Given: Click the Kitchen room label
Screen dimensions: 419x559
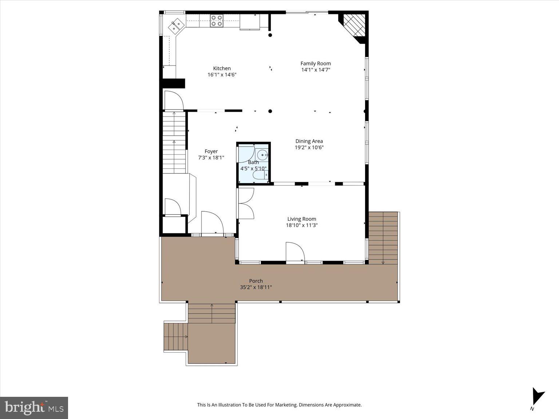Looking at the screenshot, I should click(x=222, y=68).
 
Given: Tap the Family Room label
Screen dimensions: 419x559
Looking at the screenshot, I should click(x=316, y=63).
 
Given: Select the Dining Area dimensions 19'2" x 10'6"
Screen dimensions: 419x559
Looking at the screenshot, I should click(x=309, y=148).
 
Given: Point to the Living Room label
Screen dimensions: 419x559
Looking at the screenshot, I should click(x=302, y=219).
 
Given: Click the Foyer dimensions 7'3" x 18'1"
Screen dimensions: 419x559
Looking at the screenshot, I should click(x=211, y=158).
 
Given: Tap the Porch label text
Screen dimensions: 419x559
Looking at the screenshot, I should click(x=256, y=281).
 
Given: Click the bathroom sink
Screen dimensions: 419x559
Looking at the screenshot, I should click(x=262, y=155).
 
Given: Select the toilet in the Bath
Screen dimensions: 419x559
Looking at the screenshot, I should click(x=260, y=176).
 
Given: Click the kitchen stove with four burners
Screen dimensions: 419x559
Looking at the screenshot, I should click(x=217, y=21).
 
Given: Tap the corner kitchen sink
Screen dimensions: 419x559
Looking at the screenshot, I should click(x=177, y=25).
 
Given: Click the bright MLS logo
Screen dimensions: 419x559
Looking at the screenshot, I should click(x=34, y=407).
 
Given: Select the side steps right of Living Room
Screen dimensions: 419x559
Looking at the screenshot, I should click(x=383, y=238).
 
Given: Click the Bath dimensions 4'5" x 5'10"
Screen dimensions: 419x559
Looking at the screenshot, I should click(x=253, y=169).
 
